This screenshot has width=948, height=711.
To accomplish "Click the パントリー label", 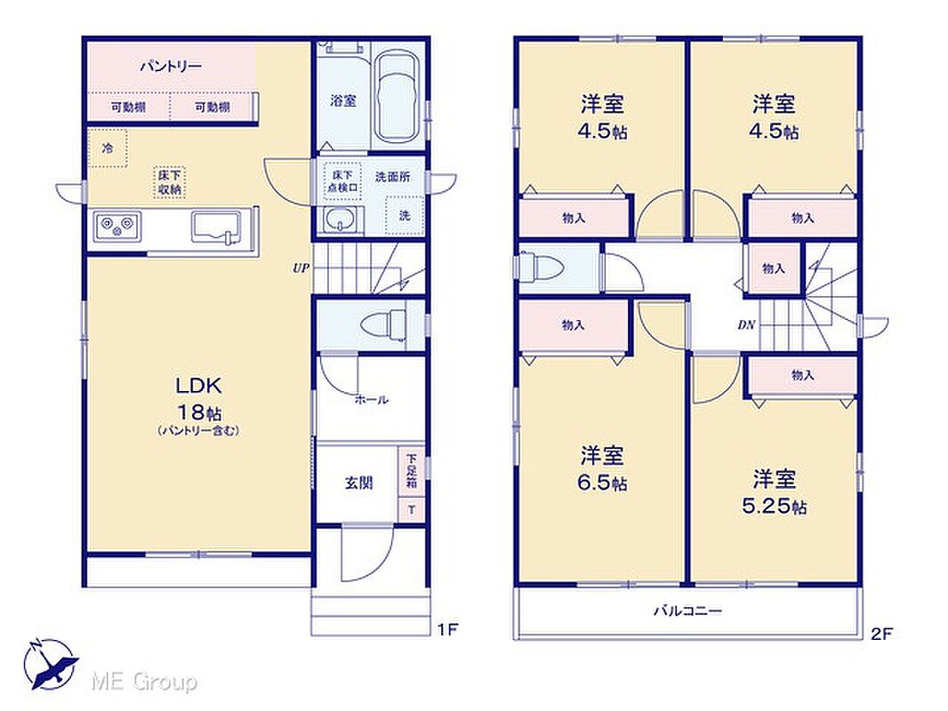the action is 171,67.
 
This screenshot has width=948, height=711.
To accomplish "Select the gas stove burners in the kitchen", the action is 117,226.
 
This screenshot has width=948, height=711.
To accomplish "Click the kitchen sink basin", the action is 214,228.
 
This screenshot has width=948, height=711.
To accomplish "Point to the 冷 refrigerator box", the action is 108,148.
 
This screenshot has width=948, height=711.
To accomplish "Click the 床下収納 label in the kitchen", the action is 170,182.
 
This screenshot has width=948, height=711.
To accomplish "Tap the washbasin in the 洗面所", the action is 341,220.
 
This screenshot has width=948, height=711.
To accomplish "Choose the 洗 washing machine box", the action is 405,215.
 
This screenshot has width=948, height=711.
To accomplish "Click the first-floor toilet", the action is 384,324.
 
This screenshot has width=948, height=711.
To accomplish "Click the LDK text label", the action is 198,386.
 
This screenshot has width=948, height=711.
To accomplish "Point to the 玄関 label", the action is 358,483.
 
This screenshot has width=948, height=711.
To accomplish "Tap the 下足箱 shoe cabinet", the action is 411,470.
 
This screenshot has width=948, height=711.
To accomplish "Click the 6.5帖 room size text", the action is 603,483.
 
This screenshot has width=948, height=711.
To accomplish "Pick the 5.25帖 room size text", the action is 774,507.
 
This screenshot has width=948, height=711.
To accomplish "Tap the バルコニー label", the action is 687,611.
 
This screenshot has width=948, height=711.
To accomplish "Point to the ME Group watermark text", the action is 144,682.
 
